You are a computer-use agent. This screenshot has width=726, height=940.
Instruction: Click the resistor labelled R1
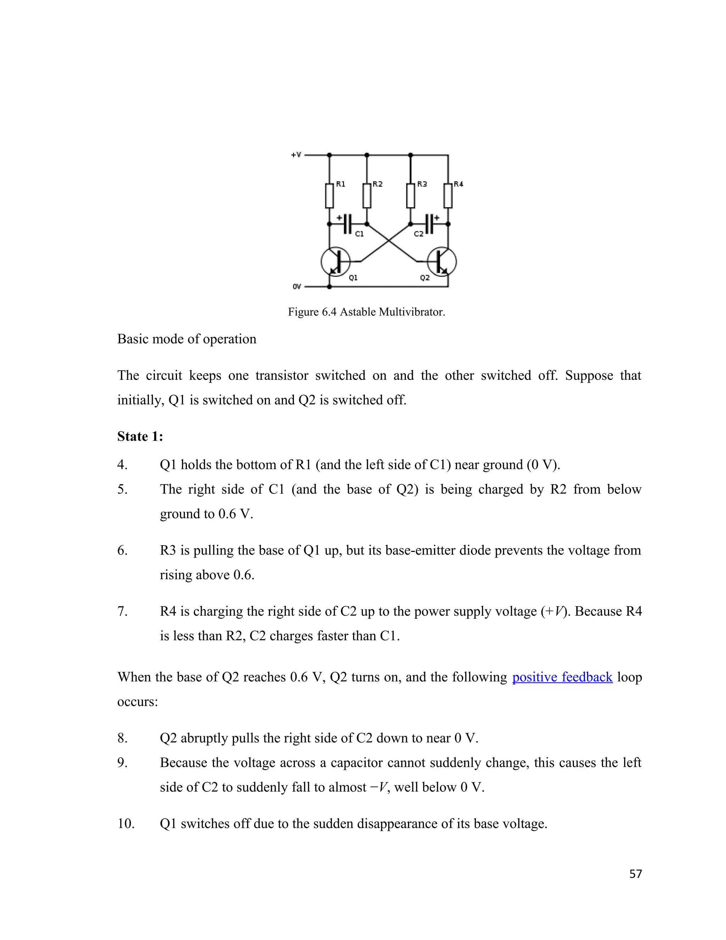(x=329, y=196)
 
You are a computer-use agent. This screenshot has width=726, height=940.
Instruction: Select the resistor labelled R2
(x=367, y=196)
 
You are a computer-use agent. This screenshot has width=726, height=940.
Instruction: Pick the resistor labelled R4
(x=448, y=196)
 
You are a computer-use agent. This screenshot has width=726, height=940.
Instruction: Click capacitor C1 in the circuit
(x=348, y=224)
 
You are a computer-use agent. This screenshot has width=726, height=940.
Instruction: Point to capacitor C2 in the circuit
(x=429, y=224)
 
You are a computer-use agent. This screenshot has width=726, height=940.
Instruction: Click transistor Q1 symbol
(x=335, y=261)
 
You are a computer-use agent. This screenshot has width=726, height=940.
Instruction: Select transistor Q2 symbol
(x=442, y=261)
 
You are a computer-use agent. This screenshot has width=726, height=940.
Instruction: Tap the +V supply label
(x=296, y=155)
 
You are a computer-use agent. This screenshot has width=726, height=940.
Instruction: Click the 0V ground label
(x=296, y=287)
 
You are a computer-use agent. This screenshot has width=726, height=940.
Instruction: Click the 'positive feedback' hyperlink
(x=562, y=677)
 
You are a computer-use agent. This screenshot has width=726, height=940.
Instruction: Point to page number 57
(x=635, y=874)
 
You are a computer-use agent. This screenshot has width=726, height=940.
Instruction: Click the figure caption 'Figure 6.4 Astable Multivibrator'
(x=367, y=312)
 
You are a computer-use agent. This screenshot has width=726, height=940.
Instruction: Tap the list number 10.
(x=125, y=824)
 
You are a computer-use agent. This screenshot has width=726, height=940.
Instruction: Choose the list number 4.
(x=122, y=465)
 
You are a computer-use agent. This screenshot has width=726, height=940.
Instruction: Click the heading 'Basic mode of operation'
(x=187, y=339)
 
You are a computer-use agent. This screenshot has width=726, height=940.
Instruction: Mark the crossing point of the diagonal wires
(x=389, y=241)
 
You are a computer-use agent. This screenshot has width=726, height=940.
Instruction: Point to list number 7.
(x=122, y=612)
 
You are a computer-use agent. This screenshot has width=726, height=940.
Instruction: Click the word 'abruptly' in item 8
(x=204, y=738)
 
